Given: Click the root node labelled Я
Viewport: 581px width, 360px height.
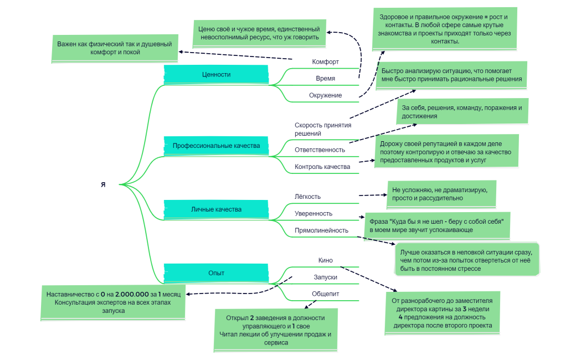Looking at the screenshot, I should [x=103, y=184].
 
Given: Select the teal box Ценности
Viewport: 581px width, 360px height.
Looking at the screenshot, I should [x=216, y=74].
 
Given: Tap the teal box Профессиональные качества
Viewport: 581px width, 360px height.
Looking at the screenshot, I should [x=216, y=146].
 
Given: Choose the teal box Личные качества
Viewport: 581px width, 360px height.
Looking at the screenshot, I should [x=216, y=209].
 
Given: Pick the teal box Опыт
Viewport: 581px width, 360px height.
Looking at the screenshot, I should [x=216, y=272].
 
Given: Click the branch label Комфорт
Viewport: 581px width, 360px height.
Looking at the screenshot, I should [x=325, y=61].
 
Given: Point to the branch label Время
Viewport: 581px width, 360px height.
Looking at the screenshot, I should [x=325, y=78].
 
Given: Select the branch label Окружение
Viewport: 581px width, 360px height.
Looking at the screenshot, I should [x=325, y=95].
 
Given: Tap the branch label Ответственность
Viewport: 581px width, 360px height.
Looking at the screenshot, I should [x=320, y=150].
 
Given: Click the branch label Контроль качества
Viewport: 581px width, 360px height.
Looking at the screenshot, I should [x=322, y=167].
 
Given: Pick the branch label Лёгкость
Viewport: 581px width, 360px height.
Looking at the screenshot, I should [x=307, y=196].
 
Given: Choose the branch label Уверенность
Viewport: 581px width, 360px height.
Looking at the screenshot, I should [x=313, y=213].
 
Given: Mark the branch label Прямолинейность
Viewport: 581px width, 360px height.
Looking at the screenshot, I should [x=321, y=230].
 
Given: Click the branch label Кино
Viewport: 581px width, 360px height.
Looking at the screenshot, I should [x=325, y=260].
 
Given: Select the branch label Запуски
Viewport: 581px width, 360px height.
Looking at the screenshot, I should [x=325, y=277].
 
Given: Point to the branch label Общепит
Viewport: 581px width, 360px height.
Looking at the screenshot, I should [x=325, y=294].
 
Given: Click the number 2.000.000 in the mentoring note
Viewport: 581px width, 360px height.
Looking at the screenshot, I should [x=131, y=294].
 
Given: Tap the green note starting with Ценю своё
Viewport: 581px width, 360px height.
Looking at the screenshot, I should [x=259, y=33].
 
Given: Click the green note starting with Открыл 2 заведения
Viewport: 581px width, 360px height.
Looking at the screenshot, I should [x=275, y=330].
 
